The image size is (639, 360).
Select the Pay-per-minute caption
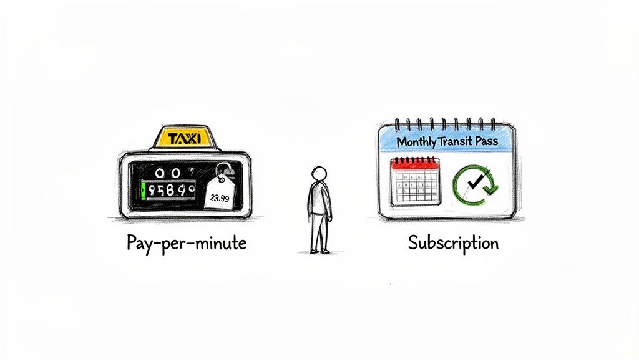coord(187,242)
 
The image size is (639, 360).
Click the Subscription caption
coord(454,242)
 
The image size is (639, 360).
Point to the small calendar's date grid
coord(416,187)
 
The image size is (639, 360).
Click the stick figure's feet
coord(320,251)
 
